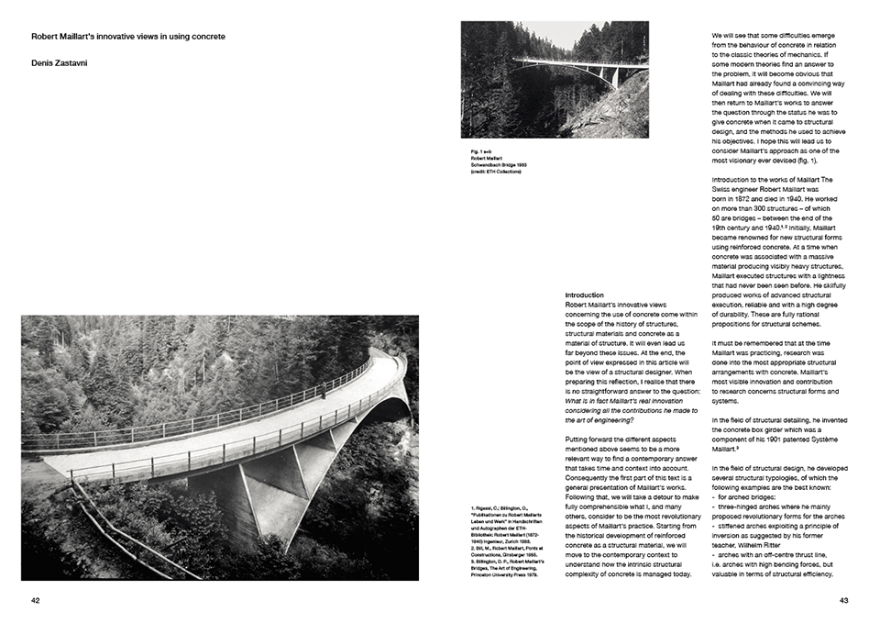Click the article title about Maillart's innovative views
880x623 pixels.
pyautogui.click(x=128, y=37)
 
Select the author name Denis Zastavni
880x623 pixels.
pyautogui.click(x=62, y=63)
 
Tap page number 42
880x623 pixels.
pyautogui.click(x=36, y=601)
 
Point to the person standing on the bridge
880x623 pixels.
pyautogui.click(x=322, y=391)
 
